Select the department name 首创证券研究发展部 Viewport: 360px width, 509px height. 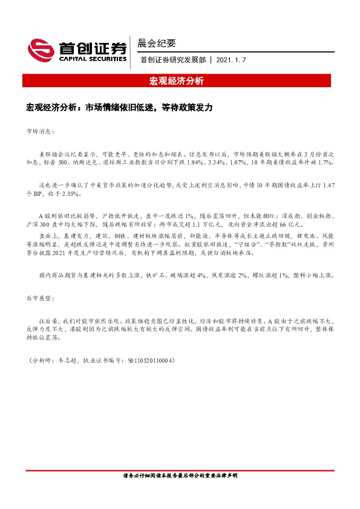(x=172, y=60)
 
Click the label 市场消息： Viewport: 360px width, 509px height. (x=41, y=131)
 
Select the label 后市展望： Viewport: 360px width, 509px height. (x=41, y=299)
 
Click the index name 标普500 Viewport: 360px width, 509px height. (x=57, y=163)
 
